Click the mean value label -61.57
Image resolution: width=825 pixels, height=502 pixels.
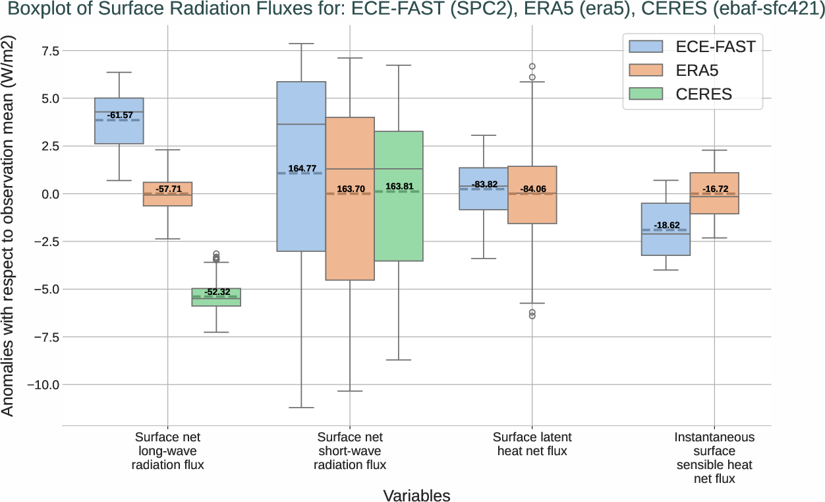click(119, 115)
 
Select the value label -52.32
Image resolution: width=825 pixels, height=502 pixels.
click(217, 292)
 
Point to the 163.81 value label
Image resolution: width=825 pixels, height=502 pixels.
click(398, 187)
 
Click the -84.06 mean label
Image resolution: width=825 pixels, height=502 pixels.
click(532, 189)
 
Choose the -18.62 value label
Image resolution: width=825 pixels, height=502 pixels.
click(666, 225)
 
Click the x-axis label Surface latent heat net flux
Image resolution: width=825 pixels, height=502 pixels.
click(532, 444)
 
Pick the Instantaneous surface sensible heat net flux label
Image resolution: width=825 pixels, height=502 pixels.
click(715, 458)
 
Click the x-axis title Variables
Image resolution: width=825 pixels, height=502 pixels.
click(416, 495)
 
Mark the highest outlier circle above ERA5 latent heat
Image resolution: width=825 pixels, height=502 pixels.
click(532, 67)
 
